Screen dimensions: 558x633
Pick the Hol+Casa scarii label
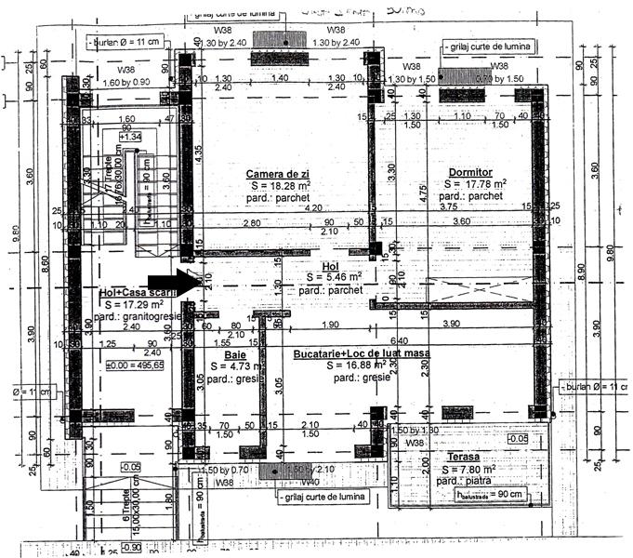138,293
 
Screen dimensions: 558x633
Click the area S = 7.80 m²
472,470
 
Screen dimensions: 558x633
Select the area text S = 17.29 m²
138,304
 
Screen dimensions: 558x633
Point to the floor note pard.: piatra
467,481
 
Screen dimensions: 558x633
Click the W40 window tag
310,483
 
